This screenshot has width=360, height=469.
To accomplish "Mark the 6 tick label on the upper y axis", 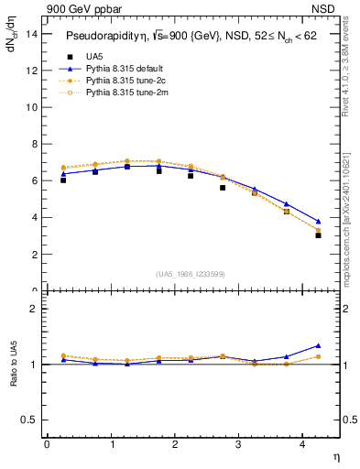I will [34, 180].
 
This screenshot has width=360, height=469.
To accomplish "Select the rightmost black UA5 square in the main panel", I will [318, 235].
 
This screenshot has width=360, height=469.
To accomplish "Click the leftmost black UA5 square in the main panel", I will [62, 180].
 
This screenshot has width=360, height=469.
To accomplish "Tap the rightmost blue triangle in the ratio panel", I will [318, 345].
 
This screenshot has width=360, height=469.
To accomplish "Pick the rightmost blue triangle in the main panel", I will [318, 221].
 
